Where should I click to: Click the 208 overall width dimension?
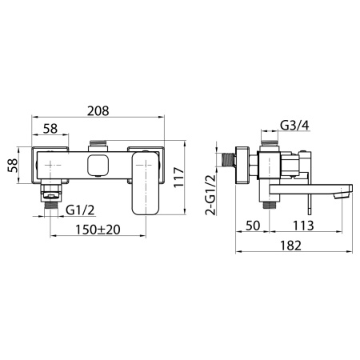tap(98, 111)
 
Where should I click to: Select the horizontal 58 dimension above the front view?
tap(50, 129)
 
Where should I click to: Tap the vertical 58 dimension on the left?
tap(13, 166)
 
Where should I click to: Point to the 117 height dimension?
tap(179, 177)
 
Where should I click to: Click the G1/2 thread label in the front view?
tap(80, 210)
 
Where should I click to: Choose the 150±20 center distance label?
tap(98, 230)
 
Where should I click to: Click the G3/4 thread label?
tap(294, 125)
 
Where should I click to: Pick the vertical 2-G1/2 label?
tap(210, 194)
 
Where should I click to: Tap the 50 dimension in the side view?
tap(253, 226)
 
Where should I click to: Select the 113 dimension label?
tap(303, 226)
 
